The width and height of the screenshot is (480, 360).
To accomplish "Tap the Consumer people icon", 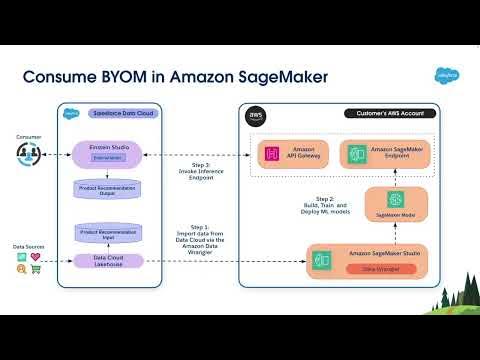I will (x=28, y=151).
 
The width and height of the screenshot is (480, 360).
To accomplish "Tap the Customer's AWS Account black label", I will (x=383, y=114).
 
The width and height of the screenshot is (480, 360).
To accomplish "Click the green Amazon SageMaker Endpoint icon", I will (x=352, y=153).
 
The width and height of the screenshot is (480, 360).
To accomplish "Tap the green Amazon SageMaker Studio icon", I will (x=322, y=261).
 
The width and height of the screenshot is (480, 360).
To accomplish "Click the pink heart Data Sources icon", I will (x=36, y=258).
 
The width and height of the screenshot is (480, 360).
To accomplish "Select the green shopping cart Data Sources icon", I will (x=36, y=272).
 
